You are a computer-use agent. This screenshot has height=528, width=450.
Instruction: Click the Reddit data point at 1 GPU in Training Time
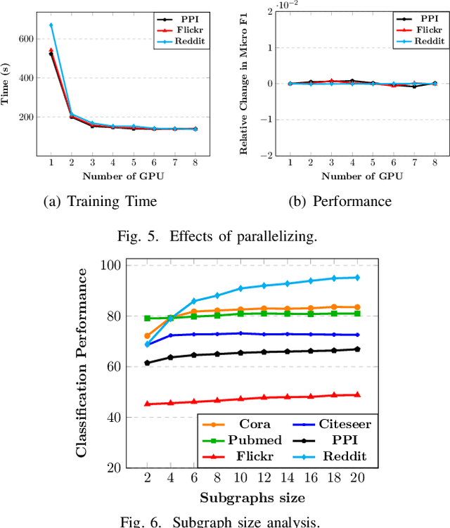pyautogui.click(x=51, y=25)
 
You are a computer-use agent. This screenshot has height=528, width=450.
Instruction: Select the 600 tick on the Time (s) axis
pyautogui.click(x=27, y=39)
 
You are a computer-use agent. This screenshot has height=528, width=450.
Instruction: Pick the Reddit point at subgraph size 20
pyautogui.click(x=357, y=278)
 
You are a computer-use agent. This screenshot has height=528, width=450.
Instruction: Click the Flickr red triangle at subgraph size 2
pyautogui.click(x=147, y=404)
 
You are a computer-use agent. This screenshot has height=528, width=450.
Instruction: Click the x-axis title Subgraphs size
pyautogui.click(x=252, y=498)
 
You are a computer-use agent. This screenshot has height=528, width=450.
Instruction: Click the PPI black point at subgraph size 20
pyautogui.click(x=357, y=349)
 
